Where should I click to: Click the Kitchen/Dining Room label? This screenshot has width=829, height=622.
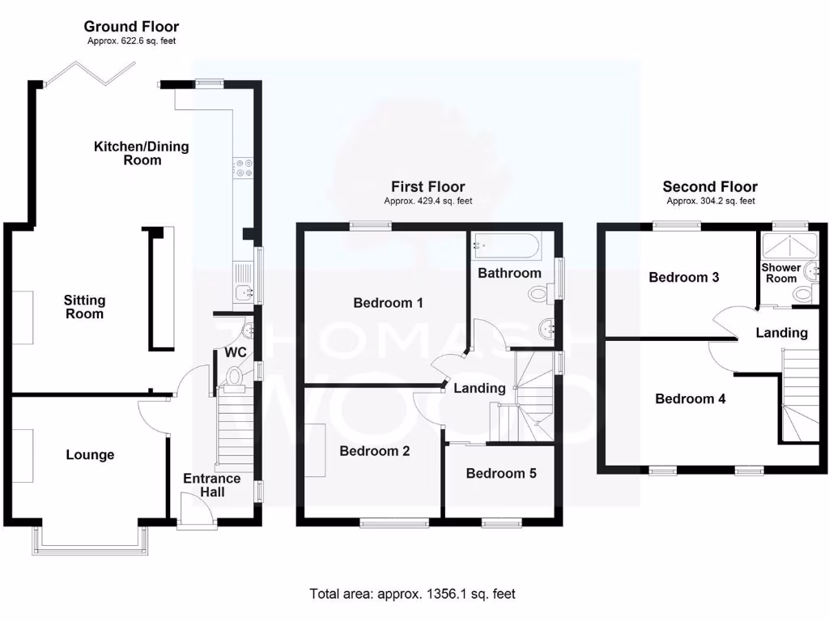(142, 153)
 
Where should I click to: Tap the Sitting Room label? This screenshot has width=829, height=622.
(85, 307)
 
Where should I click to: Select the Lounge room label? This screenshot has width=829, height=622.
(90, 455)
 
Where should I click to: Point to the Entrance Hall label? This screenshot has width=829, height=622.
(203, 485)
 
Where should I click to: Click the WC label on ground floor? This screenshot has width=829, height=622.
(235, 353)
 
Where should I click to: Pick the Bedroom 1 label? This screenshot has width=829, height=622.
(389, 303)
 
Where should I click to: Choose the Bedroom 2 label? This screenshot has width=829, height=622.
(375, 451)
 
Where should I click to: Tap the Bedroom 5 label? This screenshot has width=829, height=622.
(501, 473)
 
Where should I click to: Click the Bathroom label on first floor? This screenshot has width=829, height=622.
(509, 273)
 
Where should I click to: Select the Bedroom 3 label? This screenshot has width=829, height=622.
(684, 277)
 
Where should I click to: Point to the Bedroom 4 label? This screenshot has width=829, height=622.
(691, 398)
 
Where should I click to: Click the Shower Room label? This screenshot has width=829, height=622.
(781, 273)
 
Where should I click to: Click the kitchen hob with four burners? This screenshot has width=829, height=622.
(243, 168)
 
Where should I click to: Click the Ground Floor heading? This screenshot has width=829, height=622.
(131, 27)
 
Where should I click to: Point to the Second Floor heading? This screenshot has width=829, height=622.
(710, 187)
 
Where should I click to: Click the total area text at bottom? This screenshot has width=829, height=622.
(412, 594)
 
